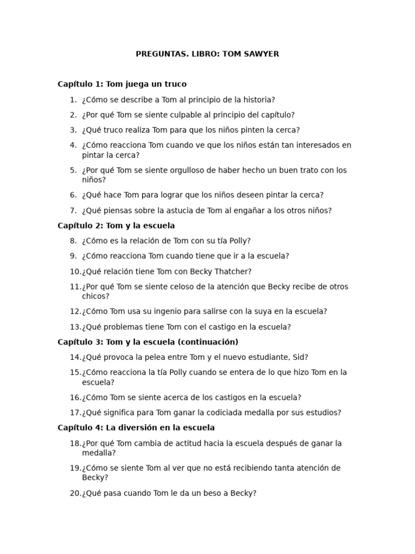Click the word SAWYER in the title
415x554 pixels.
point(262,54)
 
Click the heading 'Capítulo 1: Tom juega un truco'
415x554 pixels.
point(122,84)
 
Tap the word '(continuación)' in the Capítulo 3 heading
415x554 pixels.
point(209,342)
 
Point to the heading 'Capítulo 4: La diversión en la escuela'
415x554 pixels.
point(136,427)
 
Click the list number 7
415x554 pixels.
point(73,210)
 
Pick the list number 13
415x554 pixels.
point(75,327)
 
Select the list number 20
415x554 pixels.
point(75,493)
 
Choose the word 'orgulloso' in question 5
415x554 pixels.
point(182,170)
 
